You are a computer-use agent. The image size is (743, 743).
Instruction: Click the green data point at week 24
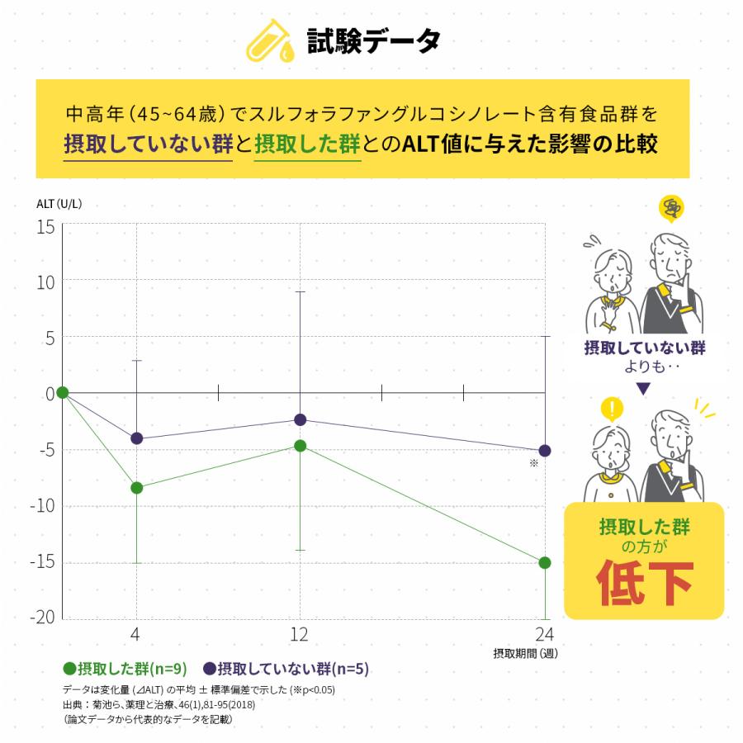pos(545,562)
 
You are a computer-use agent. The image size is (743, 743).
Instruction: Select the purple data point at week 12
pos(300,419)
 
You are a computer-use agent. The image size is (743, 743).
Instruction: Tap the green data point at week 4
pos(136,487)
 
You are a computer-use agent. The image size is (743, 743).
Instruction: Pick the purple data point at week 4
pos(136,438)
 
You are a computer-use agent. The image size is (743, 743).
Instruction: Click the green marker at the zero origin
pos(62,392)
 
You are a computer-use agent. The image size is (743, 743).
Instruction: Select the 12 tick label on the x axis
pos(299,635)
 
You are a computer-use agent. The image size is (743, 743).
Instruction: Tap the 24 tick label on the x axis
pos(544,635)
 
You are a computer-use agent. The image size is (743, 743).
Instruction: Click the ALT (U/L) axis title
pos(59,203)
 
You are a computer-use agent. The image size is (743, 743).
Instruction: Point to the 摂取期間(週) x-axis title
pos(524,654)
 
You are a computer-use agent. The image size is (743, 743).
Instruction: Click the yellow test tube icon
pos(270,40)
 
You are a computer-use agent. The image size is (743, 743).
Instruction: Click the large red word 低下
pos(644,582)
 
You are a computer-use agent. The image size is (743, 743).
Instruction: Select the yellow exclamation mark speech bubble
pos(611,408)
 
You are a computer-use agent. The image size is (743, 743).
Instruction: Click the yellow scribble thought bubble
pos(672,208)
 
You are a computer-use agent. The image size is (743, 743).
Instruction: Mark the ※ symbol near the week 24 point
pos(534,463)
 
